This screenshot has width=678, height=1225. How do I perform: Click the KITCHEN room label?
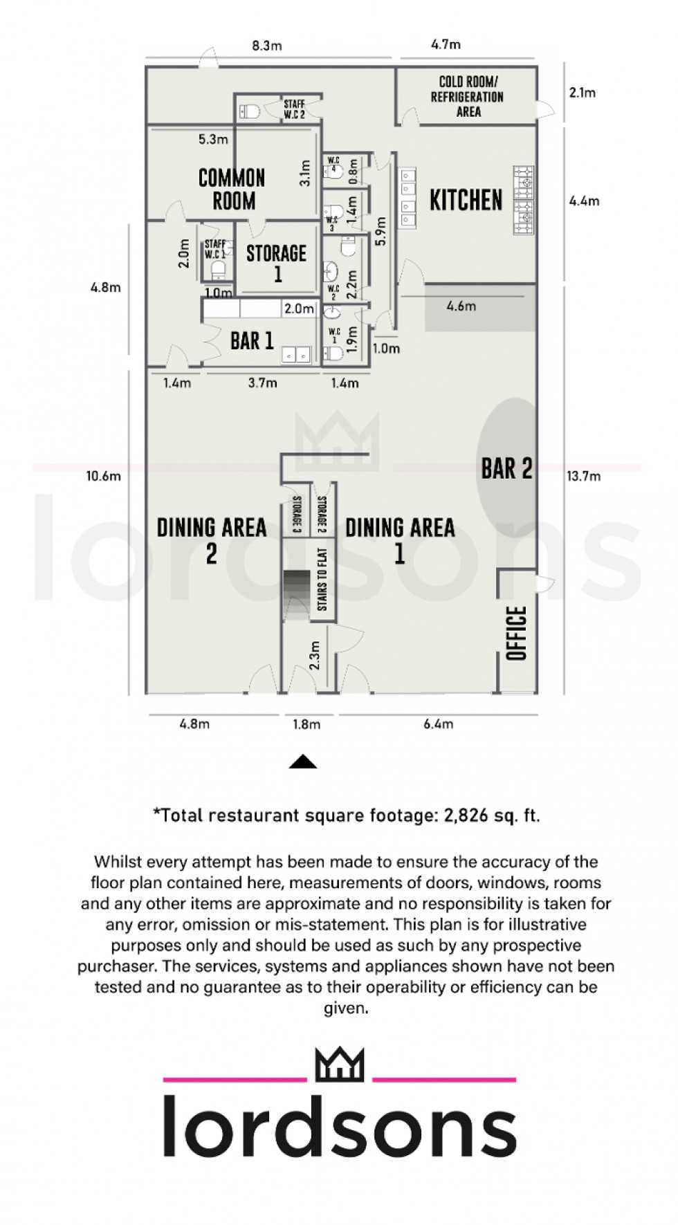(466, 201)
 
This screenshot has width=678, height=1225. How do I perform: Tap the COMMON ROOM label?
(232, 189)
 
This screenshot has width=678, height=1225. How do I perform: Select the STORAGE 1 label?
(276, 262)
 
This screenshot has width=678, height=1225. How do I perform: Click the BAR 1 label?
(252, 341)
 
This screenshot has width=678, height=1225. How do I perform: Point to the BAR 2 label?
(506, 468)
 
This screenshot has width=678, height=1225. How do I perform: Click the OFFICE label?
(517, 633)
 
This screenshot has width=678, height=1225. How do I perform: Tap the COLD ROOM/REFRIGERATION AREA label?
(468, 97)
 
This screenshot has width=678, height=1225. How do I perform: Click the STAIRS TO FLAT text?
(322, 580)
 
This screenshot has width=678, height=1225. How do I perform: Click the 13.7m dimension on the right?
(583, 476)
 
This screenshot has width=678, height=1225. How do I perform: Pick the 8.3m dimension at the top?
(267, 46)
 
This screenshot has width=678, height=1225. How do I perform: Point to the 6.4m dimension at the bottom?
(438, 724)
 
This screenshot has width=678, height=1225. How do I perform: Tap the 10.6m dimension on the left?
(103, 476)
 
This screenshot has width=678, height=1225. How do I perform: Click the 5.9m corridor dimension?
(381, 230)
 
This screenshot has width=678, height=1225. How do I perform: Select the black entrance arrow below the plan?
(302, 762)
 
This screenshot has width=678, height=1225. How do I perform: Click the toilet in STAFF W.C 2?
(250, 110)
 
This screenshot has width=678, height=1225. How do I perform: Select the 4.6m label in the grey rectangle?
(461, 306)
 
